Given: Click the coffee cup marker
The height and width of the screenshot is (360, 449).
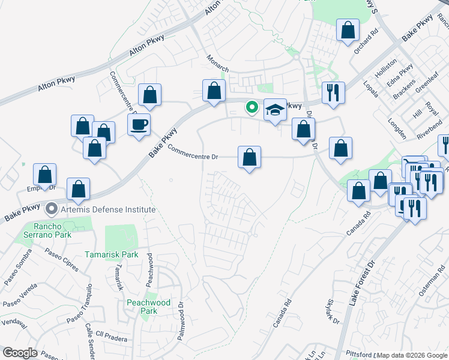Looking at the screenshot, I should tap(139, 124).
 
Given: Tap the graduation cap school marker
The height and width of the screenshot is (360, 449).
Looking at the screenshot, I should tap(275, 110).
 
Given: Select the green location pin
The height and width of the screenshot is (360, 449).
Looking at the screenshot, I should tap(253, 108).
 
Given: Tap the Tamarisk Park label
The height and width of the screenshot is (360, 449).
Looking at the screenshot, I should tap(112, 254).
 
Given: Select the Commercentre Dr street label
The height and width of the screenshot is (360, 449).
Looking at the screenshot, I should tap(192, 152).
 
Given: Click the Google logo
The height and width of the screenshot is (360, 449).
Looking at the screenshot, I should tap(20, 353).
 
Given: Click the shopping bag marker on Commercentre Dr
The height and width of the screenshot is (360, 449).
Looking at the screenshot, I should tap(249, 158).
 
